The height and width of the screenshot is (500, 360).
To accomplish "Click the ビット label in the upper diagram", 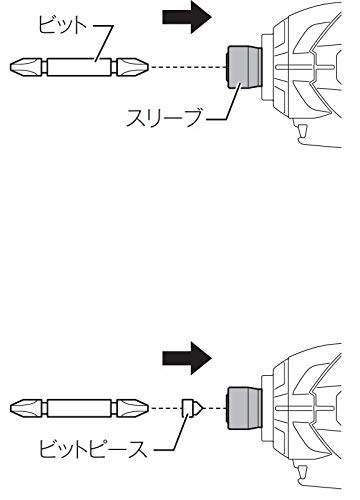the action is click(x=62, y=25).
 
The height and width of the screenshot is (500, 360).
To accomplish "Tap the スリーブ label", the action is click(x=164, y=117).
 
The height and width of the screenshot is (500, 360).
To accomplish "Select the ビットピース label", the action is click(x=93, y=449).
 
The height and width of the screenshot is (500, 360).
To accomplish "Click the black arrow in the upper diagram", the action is click(x=187, y=17).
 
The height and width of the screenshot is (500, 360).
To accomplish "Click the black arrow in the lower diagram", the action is click(x=187, y=358).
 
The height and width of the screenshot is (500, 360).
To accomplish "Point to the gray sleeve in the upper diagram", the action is click(x=244, y=67).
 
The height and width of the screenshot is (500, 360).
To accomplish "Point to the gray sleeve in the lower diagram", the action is click(x=244, y=408).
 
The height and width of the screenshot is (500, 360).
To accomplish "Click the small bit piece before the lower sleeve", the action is click(x=192, y=408).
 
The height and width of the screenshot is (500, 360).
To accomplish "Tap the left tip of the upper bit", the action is click(x=11, y=67).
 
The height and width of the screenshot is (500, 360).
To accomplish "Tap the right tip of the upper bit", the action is click(x=148, y=67).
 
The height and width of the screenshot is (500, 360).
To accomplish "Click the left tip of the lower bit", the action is click(x=11, y=408).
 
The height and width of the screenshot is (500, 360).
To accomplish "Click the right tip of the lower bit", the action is click(x=148, y=408).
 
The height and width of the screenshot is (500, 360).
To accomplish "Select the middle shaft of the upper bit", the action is click(x=79, y=67).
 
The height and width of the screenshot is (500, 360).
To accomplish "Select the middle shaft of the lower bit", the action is click(x=79, y=408).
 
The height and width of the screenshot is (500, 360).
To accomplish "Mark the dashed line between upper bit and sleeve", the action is click(x=188, y=67).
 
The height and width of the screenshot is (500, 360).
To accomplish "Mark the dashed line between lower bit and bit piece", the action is click(x=166, y=408).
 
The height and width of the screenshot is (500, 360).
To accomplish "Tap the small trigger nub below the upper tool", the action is click(x=303, y=130).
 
